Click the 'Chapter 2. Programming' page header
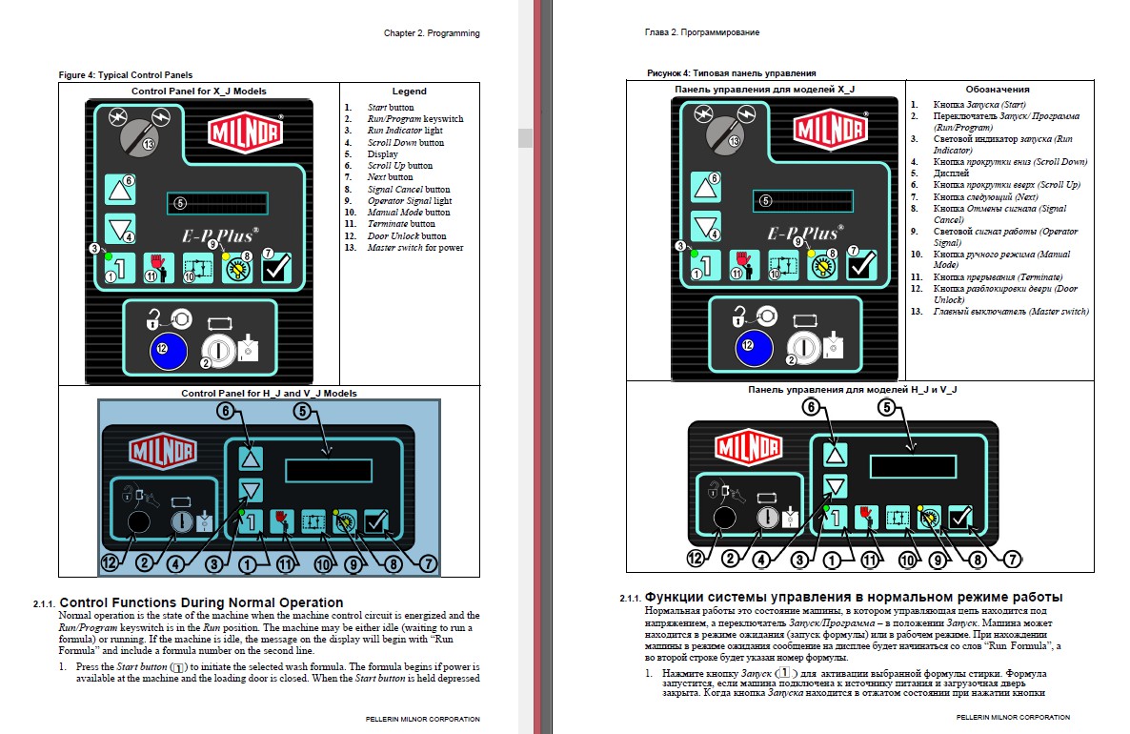[432, 33]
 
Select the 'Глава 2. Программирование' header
[702, 33]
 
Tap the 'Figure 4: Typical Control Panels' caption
[126, 74]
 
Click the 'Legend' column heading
[410, 92]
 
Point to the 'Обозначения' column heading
[997, 89]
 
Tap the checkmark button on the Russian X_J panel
[862, 267]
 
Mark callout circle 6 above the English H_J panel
[226, 411]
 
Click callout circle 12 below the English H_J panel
[111, 562]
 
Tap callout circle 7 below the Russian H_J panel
[1013, 560]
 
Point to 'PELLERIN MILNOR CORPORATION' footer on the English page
[423, 719]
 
